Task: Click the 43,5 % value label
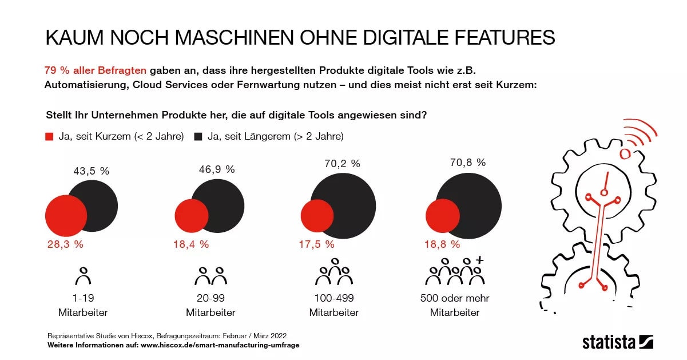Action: [91, 171]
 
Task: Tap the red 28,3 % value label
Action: [65, 244]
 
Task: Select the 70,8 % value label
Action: [468, 163]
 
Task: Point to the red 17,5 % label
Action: [316, 244]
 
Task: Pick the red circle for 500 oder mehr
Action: [443, 216]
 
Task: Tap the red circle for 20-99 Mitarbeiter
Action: [192, 216]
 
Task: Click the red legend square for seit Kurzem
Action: [49, 137]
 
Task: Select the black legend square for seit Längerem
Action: [198, 137]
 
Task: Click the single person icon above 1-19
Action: [84, 276]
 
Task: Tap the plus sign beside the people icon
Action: [479, 260]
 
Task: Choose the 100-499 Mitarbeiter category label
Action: [333, 305]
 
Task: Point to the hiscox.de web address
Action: [220, 345]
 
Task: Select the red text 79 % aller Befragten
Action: [96, 70]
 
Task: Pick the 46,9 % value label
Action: [217, 169]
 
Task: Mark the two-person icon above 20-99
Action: [211, 276]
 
